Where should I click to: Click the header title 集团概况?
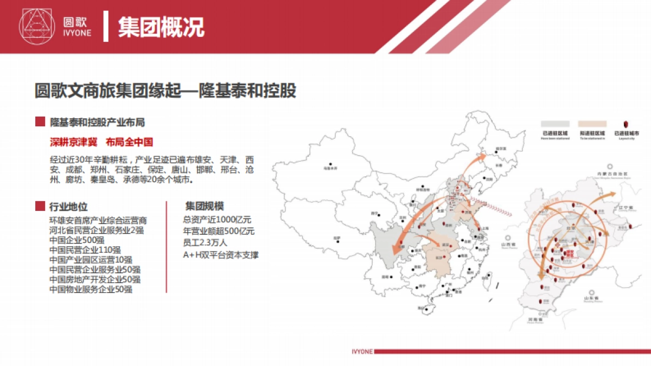coord(161,27)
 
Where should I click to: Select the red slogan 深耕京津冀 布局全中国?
coord(101,142)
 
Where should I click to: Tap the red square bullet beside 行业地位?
coord(40,206)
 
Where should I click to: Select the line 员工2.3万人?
coord(205,243)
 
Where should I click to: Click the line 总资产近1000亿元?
coord(217,220)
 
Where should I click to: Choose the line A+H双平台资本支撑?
coord(221,254)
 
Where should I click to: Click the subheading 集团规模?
coord(205,206)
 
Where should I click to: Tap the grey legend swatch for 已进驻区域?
coord(554,124)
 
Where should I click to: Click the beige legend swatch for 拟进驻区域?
coord(592,124)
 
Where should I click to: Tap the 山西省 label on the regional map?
coord(509,244)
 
